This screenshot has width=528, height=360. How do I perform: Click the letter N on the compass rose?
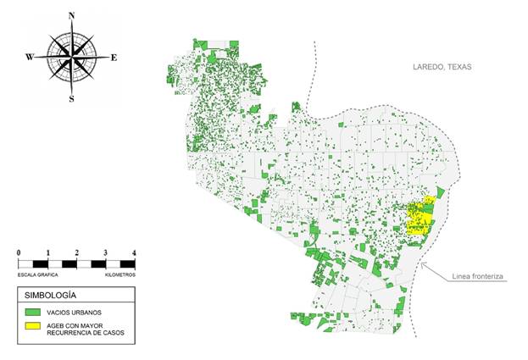[x=71, y=16]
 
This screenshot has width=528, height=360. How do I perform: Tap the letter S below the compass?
[x=71, y=99]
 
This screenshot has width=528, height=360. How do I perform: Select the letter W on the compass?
[x=29, y=58]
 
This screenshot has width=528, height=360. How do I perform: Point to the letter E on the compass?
[x=114, y=58]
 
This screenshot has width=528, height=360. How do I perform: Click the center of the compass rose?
[x=71, y=57]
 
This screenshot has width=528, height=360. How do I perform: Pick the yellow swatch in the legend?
[x=34, y=329]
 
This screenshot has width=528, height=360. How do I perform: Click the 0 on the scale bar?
[x=19, y=253]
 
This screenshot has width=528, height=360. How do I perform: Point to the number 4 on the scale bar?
[x=133, y=253]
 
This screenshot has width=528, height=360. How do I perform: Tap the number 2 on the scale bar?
[x=76, y=253]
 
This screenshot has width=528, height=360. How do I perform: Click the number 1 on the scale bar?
[x=47, y=253]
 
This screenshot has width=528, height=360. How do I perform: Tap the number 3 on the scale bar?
[x=105, y=253]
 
